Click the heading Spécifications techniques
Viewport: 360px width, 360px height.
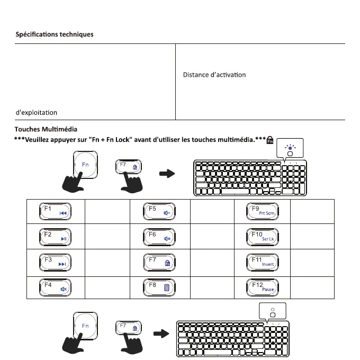pyautogui.click(x=54, y=34)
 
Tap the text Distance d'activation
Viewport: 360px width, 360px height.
pyautogui.click(x=214, y=75)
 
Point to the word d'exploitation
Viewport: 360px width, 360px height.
pyautogui.click(x=36, y=112)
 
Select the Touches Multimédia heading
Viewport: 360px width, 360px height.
pyautogui.click(x=46, y=129)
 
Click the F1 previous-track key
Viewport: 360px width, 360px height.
pyautogui.click(x=55, y=211)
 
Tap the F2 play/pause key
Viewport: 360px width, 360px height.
pyautogui.click(x=55, y=236)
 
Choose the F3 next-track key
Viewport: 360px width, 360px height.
pyautogui.click(x=55, y=262)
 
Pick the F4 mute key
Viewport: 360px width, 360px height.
pyautogui.click(x=55, y=287)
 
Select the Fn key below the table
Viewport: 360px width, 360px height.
pyautogui.click(x=85, y=326)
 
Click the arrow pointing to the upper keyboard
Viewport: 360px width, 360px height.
pyautogui.click(x=167, y=173)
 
